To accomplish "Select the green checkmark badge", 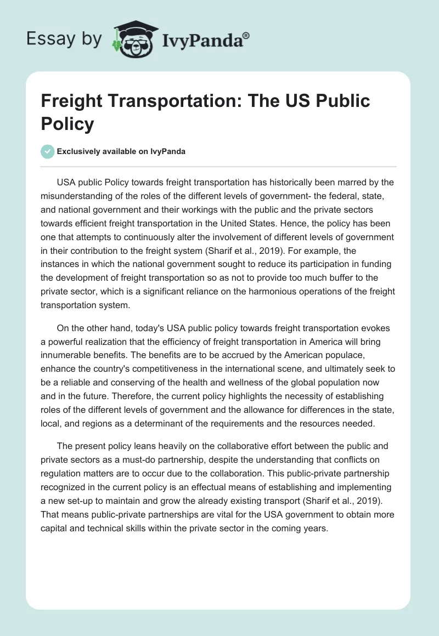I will (48, 151).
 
